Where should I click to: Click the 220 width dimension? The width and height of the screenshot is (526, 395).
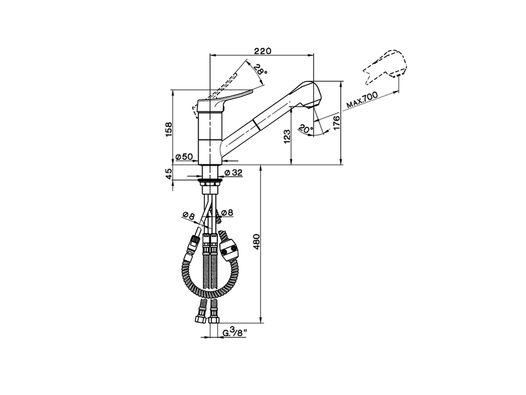tap(262, 51)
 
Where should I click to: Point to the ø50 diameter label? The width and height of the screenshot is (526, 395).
tap(184, 157)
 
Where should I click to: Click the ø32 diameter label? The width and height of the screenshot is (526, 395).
tap(233, 173)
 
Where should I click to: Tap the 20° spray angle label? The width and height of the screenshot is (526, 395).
tap(305, 129)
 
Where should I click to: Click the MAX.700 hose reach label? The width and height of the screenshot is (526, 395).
tap(362, 100)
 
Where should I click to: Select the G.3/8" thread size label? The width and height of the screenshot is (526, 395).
tap(234, 332)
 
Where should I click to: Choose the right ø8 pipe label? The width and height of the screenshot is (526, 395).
tap(227, 213)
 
